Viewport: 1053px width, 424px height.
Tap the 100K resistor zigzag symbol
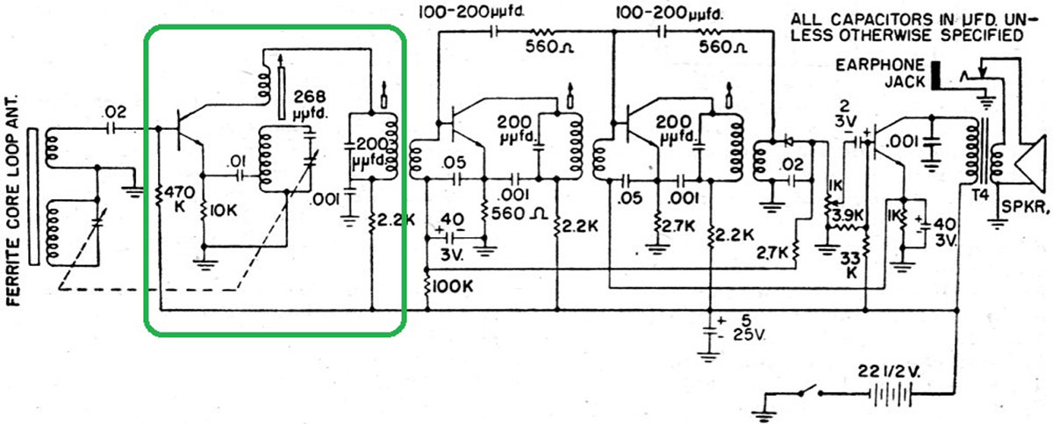point(427,285)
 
